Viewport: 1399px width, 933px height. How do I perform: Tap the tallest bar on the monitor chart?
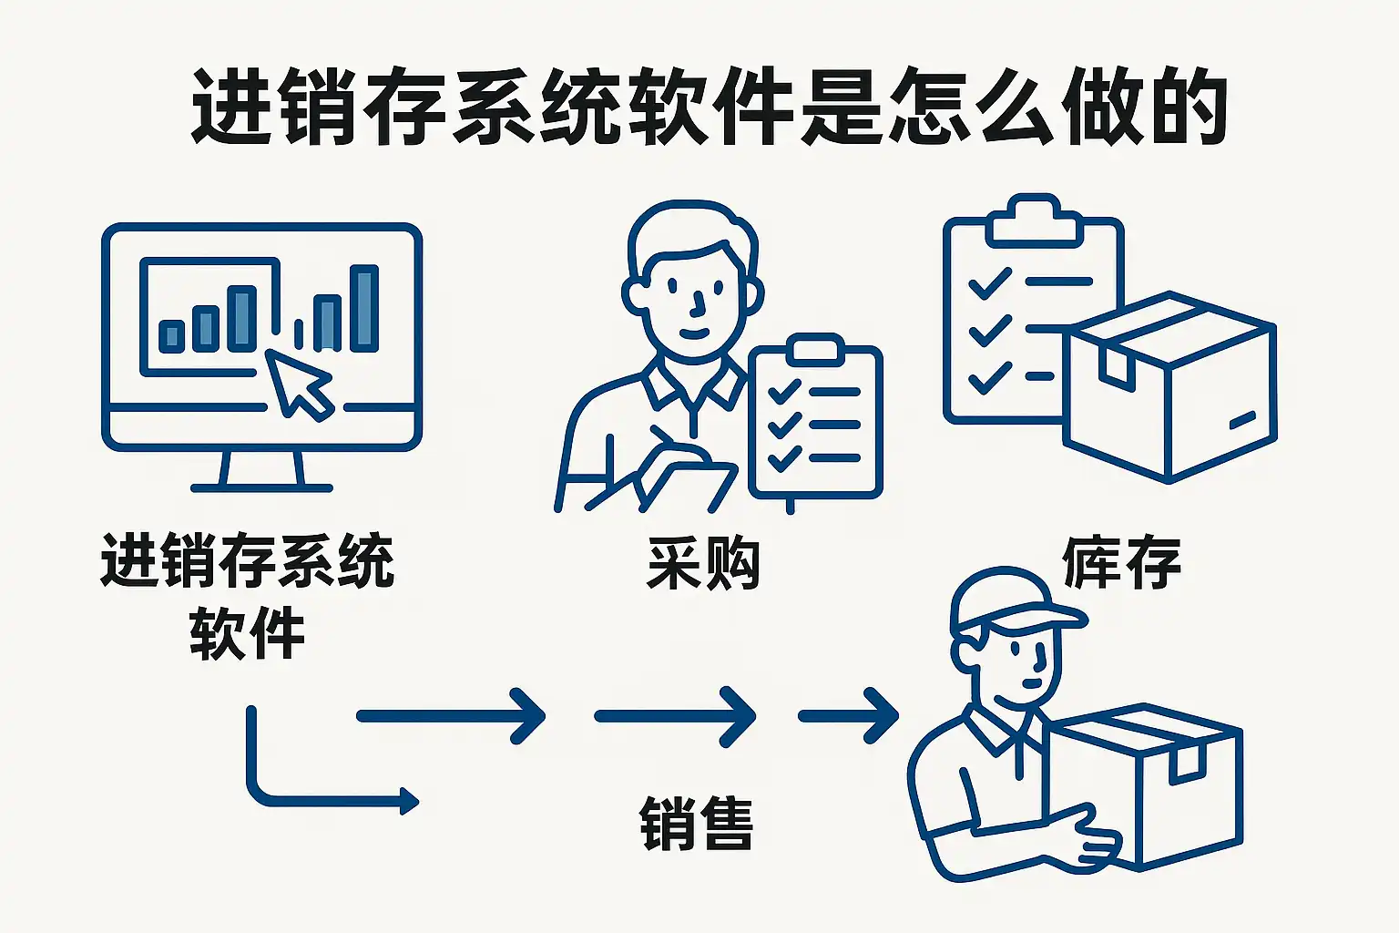point(364,308)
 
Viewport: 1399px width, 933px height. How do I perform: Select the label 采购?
point(702,564)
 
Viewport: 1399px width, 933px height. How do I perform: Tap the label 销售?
point(697,824)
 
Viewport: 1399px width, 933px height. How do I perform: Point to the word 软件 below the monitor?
point(247,634)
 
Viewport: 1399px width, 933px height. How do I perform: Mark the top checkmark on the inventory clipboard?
point(989,283)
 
